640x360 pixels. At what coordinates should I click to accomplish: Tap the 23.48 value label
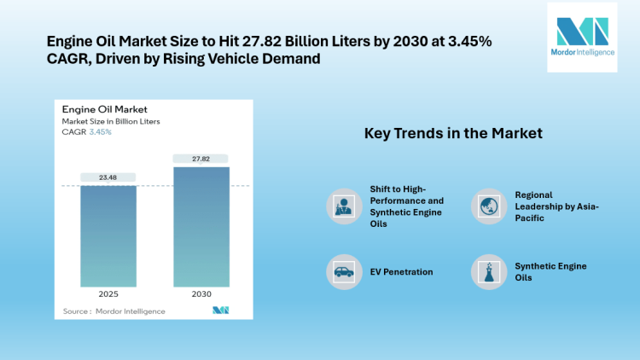pyautogui.click(x=108, y=177)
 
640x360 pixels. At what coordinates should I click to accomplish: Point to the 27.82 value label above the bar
pyautogui.click(x=201, y=159)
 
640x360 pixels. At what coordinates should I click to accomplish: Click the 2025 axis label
pyautogui.click(x=108, y=294)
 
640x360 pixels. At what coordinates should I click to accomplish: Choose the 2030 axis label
pyautogui.click(x=201, y=294)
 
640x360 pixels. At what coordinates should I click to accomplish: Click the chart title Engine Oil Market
pyautogui.click(x=104, y=109)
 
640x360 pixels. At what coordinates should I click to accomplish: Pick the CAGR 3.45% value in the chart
pyautogui.click(x=101, y=132)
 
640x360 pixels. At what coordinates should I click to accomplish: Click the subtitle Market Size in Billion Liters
pyautogui.click(x=110, y=121)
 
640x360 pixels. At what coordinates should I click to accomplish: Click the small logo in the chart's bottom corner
pyautogui.click(x=220, y=310)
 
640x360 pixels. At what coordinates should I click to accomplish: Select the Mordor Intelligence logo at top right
pyautogui.click(x=580, y=38)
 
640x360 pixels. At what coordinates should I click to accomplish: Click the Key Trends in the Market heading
pyautogui.click(x=453, y=134)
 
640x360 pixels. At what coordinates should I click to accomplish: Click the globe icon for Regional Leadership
pyautogui.click(x=487, y=206)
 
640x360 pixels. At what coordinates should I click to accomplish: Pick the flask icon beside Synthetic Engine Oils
pyautogui.click(x=487, y=272)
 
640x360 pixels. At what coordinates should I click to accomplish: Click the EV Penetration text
pyautogui.click(x=401, y=272)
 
